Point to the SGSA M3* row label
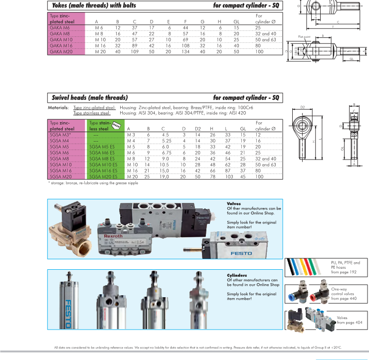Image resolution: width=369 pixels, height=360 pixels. pos(60,135)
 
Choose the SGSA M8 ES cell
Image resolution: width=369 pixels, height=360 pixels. pos(103,158)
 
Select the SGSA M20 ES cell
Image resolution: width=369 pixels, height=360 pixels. pos(104,177)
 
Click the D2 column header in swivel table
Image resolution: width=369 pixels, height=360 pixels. pos(197,129)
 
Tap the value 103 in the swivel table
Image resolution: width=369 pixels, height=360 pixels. pos(229,177)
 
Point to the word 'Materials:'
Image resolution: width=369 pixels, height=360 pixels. pos(58,108)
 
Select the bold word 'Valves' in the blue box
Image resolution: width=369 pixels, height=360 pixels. pos(234,203)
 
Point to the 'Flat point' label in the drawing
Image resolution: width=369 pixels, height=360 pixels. pos(305,37)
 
